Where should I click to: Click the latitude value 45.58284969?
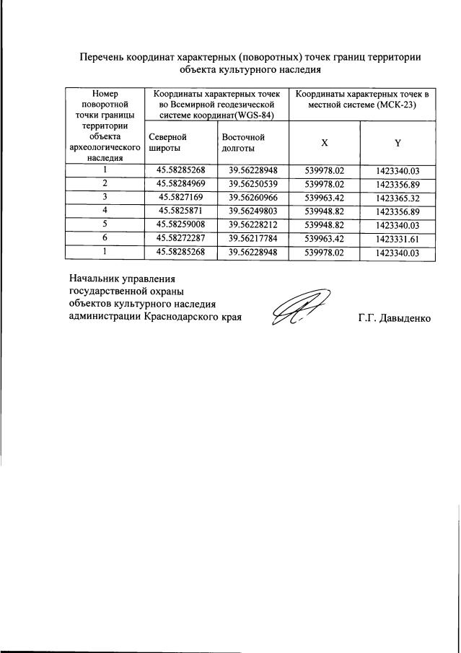[181, 184]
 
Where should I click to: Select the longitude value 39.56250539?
[253, 184]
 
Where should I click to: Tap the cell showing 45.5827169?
[181, 198]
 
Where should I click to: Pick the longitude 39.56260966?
[253, 198]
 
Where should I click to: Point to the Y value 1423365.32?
[398, 198]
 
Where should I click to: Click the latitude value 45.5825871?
[181, 211]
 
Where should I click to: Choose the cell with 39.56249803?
[253, 211]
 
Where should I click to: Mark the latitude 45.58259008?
[181, 225]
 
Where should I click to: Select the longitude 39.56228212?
[253, 225]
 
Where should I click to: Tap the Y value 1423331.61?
[398, 239]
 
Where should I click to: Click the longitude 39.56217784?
[253, 239]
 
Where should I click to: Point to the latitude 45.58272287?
[181, 239]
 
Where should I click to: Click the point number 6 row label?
[105, 239]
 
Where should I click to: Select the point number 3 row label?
[105, 198]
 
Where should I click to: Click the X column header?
[325, 143]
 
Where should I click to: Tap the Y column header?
[398, 143]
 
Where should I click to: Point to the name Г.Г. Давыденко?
[394, 317]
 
